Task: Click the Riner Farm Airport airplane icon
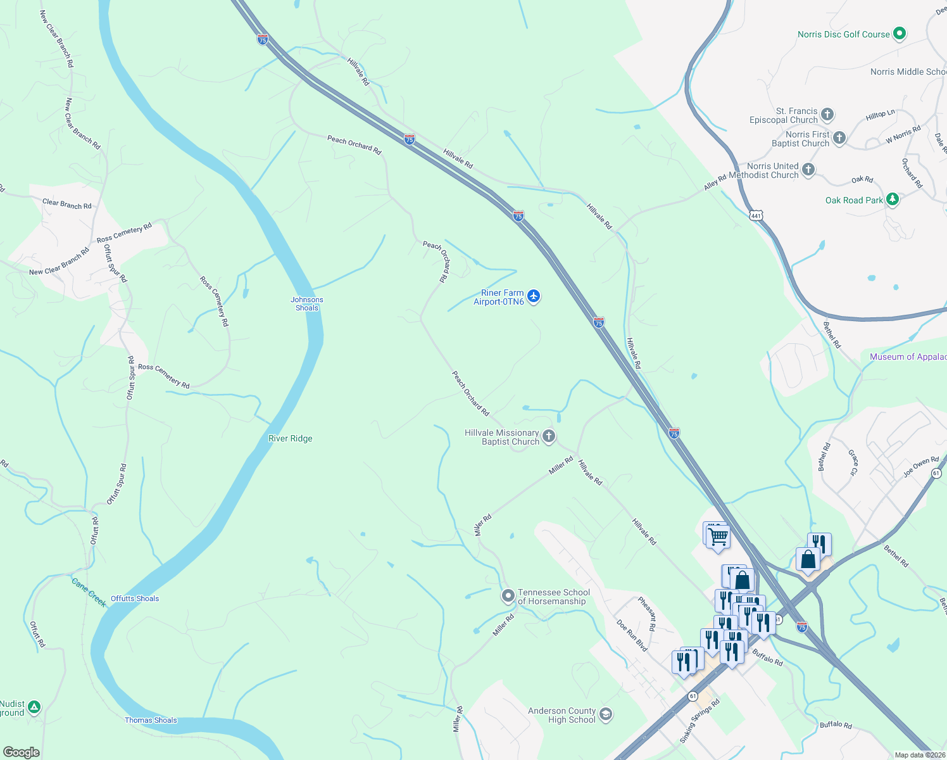coord(534,296)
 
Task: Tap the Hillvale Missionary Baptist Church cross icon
coord(549,436)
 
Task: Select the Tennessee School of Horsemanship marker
coord(508,596)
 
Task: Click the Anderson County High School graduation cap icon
coord(606,714)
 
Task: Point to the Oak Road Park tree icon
coord(893,199)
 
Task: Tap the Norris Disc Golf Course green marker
coord(900,34)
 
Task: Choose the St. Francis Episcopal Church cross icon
coord(827,115)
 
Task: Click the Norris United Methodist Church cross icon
coord(808,169)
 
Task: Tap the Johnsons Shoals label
coord(307,304)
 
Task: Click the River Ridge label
coord(291,438)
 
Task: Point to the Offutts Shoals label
coord(135,598)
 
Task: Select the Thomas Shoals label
coord(151,720)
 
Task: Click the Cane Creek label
coord(89,593)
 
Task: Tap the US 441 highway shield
coord(756,216)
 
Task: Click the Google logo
coord(21,752)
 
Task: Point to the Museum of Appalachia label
coord(908,357)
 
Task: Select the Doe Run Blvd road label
coord(632,635)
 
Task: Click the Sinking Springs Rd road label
coord(700,721)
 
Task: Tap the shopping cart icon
coord(718,537)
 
